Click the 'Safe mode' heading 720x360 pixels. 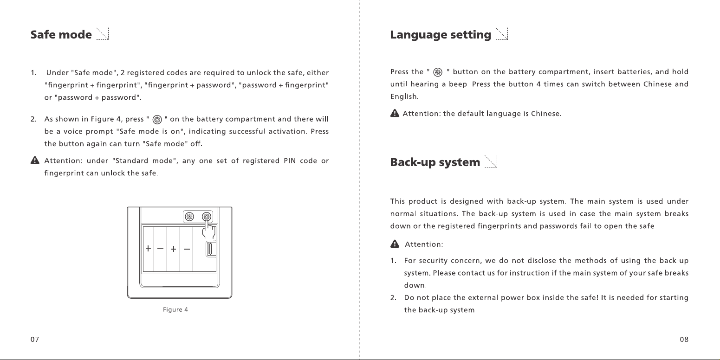61,34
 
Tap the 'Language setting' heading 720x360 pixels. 441,35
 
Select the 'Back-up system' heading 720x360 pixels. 435,162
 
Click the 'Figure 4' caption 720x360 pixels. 175,309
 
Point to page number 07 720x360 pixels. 35,340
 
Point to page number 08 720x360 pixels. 684,340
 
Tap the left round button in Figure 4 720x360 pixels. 189,217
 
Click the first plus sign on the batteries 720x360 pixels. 148,248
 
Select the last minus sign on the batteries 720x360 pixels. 187,249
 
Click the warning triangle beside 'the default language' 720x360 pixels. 395,113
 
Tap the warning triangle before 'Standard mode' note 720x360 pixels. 35,160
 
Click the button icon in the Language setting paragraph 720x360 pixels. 438,72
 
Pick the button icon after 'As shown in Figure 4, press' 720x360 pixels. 157,120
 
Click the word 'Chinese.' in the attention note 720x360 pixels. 546,114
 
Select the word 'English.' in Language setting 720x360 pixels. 404,96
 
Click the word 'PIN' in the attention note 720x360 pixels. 290,161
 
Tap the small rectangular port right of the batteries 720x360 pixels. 211,249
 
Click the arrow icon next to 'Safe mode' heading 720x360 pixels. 103,34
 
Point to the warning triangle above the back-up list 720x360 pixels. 395,244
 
